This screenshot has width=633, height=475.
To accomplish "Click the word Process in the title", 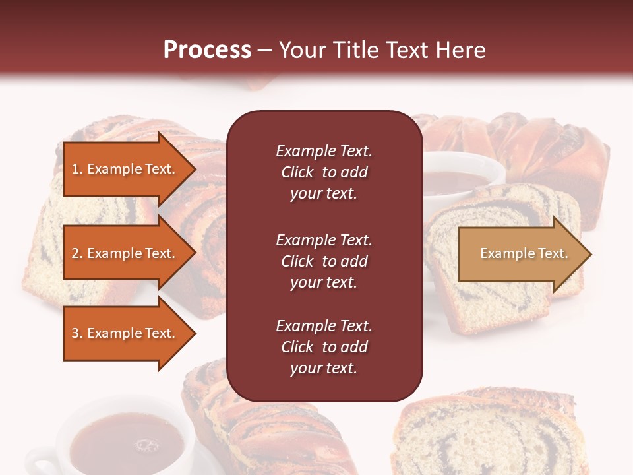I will tap(207, 50).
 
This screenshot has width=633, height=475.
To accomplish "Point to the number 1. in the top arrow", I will tap(77, 169).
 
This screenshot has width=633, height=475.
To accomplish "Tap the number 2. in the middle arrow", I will tap(77, 253).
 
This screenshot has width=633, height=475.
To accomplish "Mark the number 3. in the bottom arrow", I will tap(77, 333).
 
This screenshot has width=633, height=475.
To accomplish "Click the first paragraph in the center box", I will tap(324, 172).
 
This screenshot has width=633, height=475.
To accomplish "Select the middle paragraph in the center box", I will tap(324, 261).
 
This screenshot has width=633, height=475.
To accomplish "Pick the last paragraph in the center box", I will tap(324, 347).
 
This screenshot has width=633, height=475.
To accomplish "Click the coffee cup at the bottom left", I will tap(125, 439).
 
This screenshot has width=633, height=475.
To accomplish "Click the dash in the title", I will tap(265, 50).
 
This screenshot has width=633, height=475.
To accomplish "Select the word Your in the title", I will tap(304, 50).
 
